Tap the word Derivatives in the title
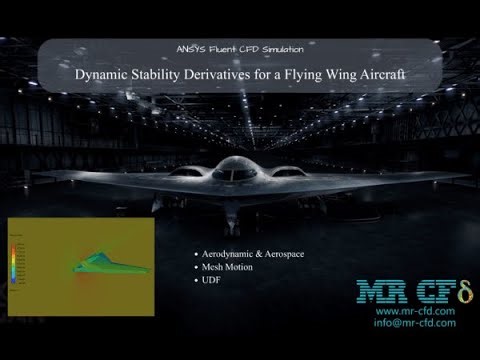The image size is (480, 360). (223, 73)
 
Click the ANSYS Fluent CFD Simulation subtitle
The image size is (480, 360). (239, 48)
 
